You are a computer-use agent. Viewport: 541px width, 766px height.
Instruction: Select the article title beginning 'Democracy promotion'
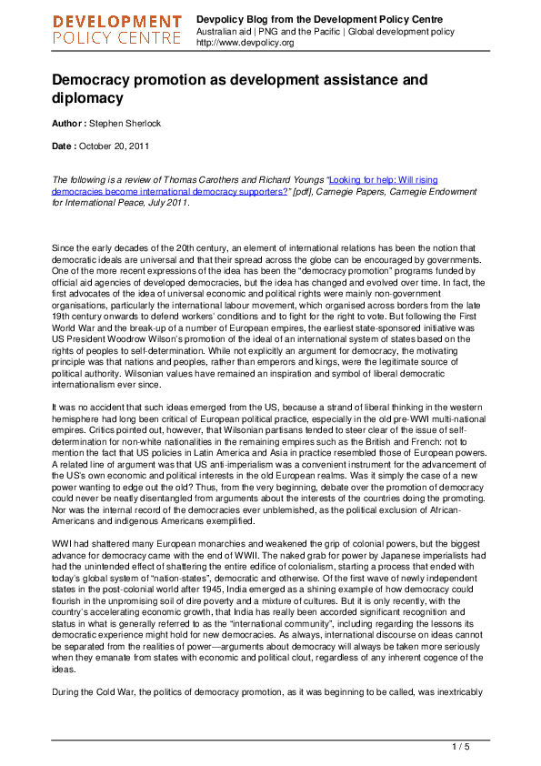pyautogui.click(x=239, y=88)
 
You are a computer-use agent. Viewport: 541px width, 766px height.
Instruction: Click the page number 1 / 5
pyautogui.click(x=460, y=748)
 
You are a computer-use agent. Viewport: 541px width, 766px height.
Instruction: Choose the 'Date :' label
pyautogui.click(x=66, y=146)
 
